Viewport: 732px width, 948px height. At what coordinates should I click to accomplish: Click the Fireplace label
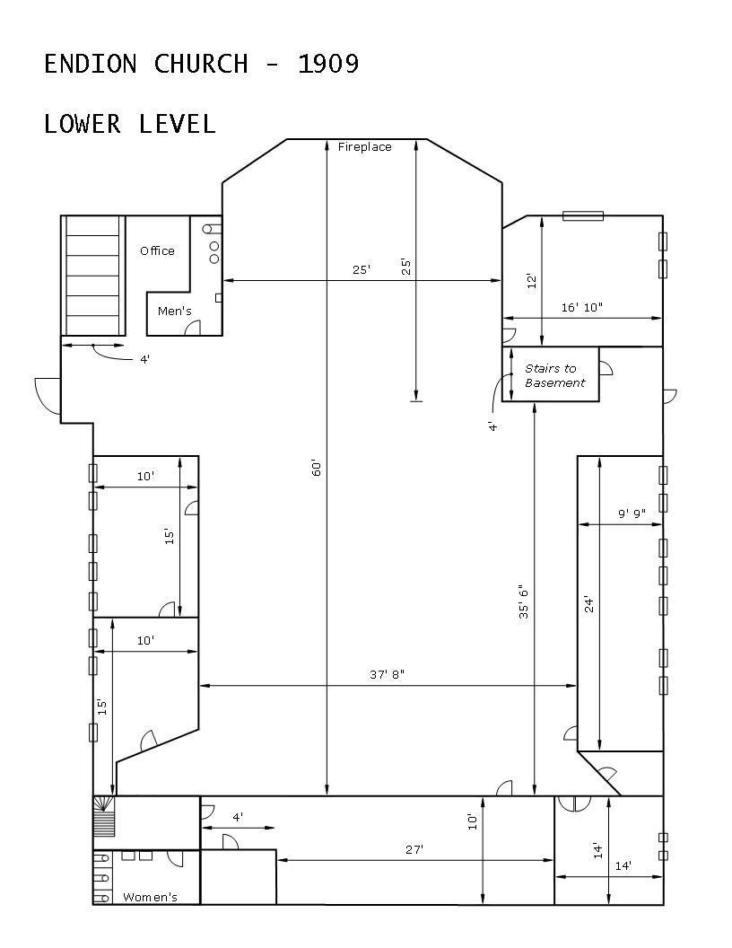364,147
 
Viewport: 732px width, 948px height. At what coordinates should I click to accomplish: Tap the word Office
157,250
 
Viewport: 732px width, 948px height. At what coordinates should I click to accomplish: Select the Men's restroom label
175,311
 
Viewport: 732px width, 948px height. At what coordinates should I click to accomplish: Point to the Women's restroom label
150,897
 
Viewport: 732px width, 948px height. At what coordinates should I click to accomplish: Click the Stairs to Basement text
555,375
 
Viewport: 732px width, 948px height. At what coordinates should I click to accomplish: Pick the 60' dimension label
317,468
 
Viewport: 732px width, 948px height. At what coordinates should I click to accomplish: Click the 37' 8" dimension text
388,674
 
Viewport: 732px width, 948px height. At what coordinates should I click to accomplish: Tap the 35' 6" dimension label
523,601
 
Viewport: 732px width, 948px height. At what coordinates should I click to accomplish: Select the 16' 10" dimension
581,307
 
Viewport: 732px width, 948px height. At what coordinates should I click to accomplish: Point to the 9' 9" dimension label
632,513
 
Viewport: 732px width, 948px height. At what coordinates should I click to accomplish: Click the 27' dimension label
414,849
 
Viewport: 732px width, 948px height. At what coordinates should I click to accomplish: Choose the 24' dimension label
588,604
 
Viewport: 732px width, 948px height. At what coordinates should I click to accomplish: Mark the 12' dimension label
531,281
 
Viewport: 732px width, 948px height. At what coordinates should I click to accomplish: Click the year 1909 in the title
328,64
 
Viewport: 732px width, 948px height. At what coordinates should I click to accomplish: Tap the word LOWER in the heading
83,124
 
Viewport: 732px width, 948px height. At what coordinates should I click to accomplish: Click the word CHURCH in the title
201,64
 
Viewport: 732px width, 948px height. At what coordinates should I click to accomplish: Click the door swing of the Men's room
192,328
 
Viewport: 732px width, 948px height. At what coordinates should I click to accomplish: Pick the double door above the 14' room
574,803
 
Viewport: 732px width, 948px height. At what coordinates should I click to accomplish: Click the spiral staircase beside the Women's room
104,816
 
